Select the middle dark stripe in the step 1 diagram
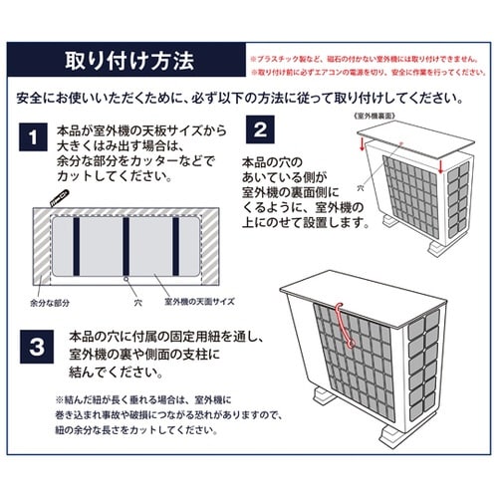125,239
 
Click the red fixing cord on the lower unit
345,326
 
